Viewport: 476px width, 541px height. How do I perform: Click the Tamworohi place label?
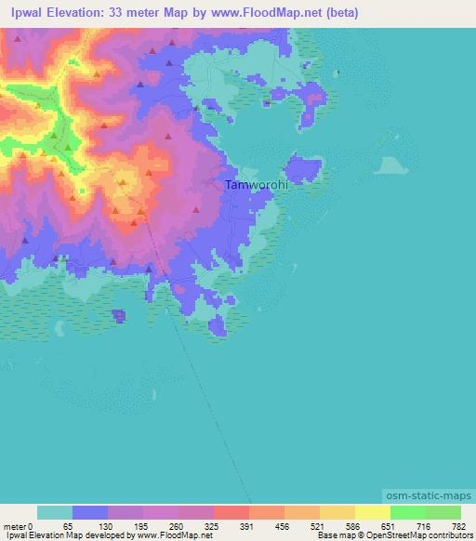256,185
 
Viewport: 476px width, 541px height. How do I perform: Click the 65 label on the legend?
68,526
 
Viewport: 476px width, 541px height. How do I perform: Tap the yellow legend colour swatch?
373,512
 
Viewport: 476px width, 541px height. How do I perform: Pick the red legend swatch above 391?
231,512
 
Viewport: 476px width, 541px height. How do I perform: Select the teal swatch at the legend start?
55,512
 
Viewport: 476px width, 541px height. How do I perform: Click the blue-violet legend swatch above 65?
90,512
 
